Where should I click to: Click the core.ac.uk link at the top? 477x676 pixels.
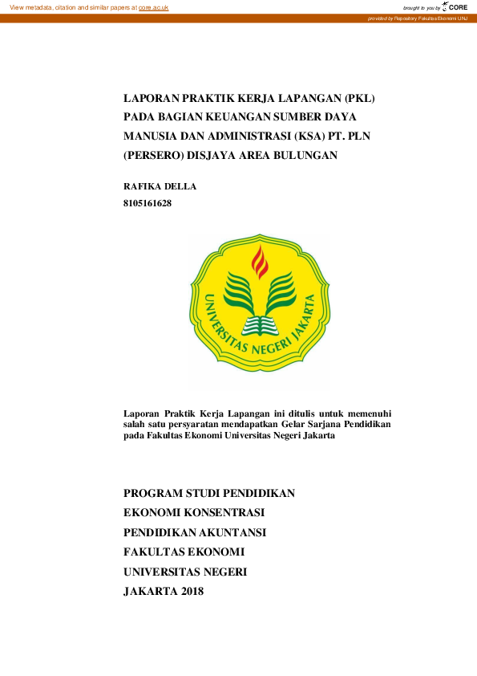[154, 7]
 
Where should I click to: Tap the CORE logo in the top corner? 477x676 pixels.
[455, 6]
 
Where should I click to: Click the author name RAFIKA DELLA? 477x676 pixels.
[160, 186]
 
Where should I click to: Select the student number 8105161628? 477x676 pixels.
[148, 203]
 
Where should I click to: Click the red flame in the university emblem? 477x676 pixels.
[259, 262]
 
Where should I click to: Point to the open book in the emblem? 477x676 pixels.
[259, 324]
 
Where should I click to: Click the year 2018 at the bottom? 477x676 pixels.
[187, 592]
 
